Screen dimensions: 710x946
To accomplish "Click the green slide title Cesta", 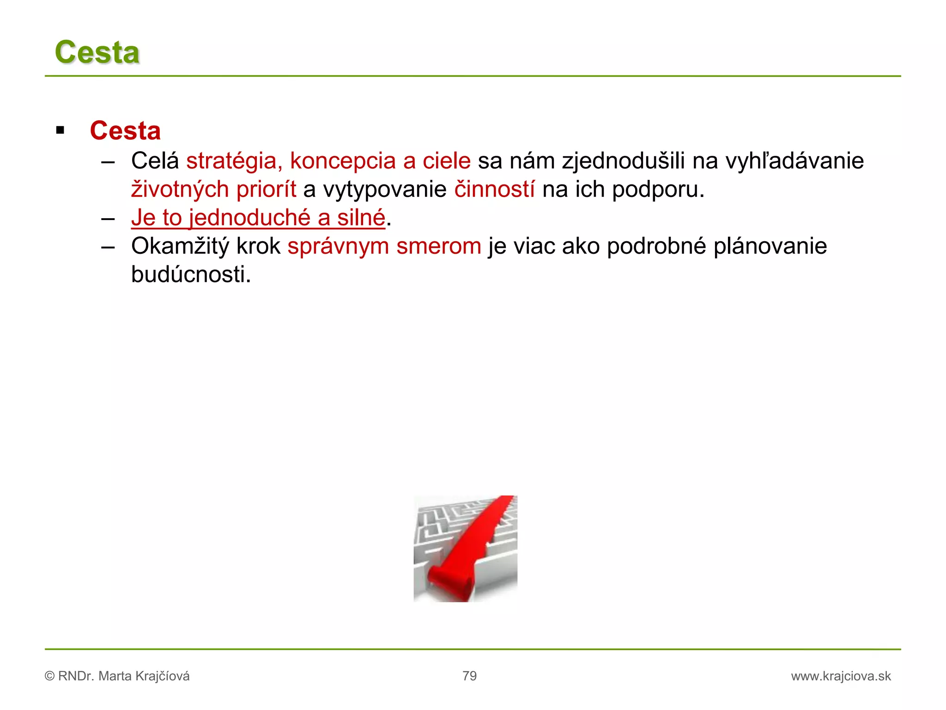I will click(97, 52).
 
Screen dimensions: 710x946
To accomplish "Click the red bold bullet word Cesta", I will click(125, 131).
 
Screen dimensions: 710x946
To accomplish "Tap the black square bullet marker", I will click(60, 130).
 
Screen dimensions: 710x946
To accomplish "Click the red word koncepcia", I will click(343, 161).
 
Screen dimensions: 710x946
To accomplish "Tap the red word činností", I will click(494, 190).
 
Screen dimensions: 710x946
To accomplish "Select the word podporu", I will click(658, 190).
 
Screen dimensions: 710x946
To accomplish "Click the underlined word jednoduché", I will click(250, 218).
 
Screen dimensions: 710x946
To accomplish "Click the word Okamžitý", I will click(180, 246).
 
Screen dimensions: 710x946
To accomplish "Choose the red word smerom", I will click(439, 246).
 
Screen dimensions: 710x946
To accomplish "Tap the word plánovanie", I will click(770, 246).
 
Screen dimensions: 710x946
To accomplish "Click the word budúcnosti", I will click(190, 275).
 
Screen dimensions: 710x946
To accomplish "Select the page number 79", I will click(469, 676).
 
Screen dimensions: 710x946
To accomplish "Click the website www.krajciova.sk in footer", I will click(841, 676).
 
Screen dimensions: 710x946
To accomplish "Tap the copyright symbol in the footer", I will click(49, 676).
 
